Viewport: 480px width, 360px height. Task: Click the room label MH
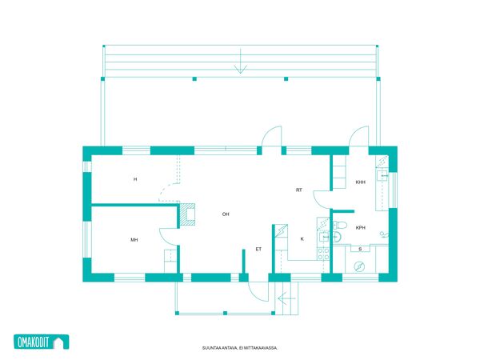coord(134,240)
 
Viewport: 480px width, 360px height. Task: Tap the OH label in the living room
coord(226,214)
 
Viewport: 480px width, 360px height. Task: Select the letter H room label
coord(135,179)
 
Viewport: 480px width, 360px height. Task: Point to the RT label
coord(299,190)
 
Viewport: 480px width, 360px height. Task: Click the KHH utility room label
coord(361,182)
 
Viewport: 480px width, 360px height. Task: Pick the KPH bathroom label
coord(361,228)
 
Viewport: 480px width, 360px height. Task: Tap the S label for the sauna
coord(360,249)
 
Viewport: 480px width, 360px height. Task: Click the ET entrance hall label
coord(258,249)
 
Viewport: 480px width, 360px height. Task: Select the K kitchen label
coord(302,238)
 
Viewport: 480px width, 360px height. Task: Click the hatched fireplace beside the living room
coord(187,214)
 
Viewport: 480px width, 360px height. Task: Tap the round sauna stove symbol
coord(359,266)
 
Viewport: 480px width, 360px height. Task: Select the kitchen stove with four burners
coord(323,254)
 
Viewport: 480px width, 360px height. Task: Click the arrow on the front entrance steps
coord(286,298)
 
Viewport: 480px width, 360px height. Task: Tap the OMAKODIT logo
coord(42,342)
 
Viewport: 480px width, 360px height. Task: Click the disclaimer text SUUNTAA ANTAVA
coord(220,348)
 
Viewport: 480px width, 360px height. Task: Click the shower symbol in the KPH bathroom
coord(384,234)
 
